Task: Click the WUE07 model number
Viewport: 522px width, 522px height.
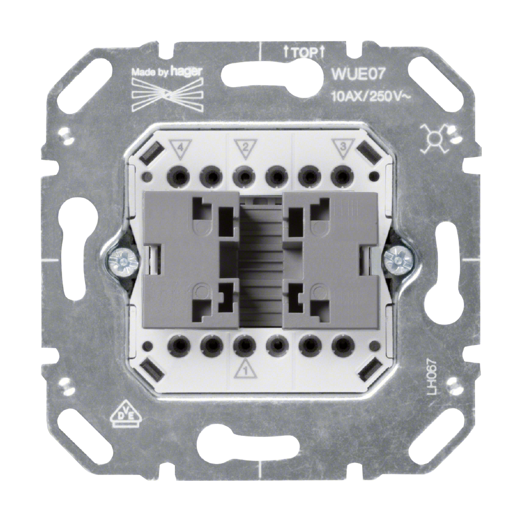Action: (358, 75)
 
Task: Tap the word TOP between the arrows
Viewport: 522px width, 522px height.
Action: (304, 53)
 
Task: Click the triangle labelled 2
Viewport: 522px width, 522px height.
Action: (245, 147)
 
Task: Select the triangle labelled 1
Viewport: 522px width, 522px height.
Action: (245, 369)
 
